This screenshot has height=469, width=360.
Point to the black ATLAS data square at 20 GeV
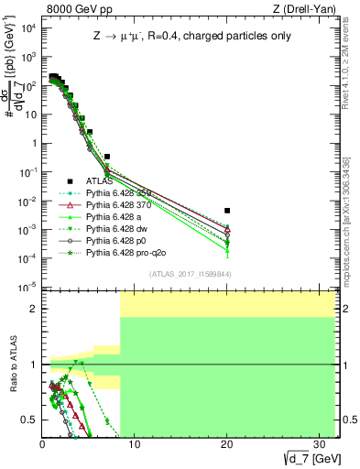tap(227, 211)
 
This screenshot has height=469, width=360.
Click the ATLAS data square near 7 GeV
tap(107, 157)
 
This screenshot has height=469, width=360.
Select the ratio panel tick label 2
tap(34, 309)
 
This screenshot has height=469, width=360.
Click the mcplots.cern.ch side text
tap(353, 234)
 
